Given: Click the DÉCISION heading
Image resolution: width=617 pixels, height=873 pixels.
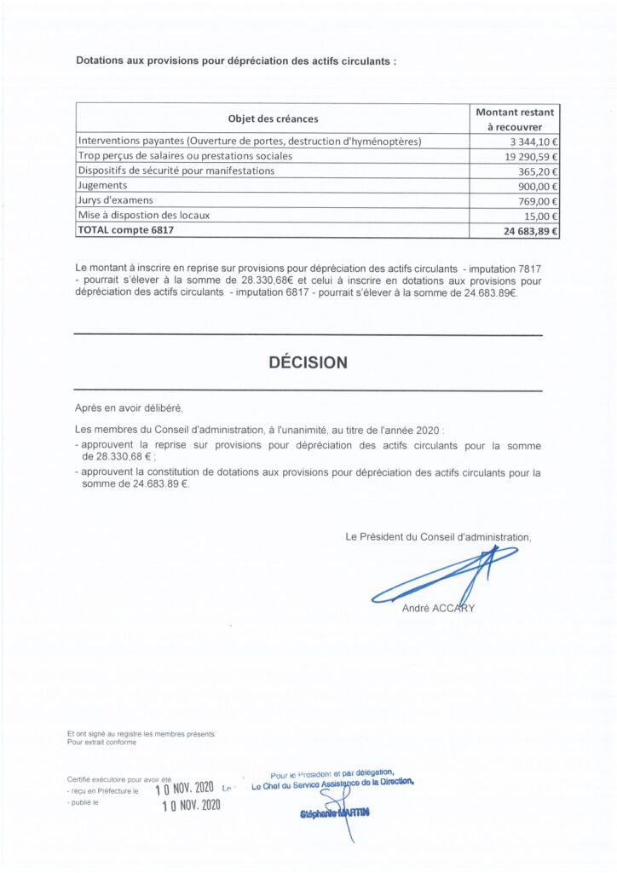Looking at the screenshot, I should pyautogui.click(x=308, y=362).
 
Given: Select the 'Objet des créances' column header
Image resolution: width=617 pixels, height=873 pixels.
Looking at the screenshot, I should pyautogui.click(x=273, y=119).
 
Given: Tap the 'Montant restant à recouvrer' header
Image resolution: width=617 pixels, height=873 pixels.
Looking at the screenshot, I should pyautogui.click(x=515, y=119).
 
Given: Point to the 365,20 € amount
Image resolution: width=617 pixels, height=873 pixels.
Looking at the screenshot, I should pyautogui.click(x=534, y=171).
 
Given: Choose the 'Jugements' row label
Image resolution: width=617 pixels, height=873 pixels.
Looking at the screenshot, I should pyautogui.click(x=102, y=185).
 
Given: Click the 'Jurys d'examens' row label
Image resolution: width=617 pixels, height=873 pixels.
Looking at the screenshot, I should pyautogui.click(x=114, y=200).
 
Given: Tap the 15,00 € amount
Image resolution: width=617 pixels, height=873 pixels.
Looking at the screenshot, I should pyautogui.click(x=538, y=216).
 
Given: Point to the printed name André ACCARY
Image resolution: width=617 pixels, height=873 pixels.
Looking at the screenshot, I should pyautogui.click(x=438, y=609).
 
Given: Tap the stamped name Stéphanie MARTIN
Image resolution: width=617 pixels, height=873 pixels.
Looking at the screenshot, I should pyautogui.click(x=335, y=814).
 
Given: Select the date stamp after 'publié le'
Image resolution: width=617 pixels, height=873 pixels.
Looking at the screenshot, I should pyautogui.click(x=191, y=805).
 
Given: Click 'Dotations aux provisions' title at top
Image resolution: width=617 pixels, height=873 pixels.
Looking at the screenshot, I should pyautogui.click(x=236, y=61).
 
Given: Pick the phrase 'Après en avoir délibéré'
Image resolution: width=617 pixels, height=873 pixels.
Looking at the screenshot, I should pyautogui.click(x=129, y=408).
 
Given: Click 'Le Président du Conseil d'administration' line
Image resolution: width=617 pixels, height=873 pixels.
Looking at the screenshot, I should pyautogui.click(x=438, y=537).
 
